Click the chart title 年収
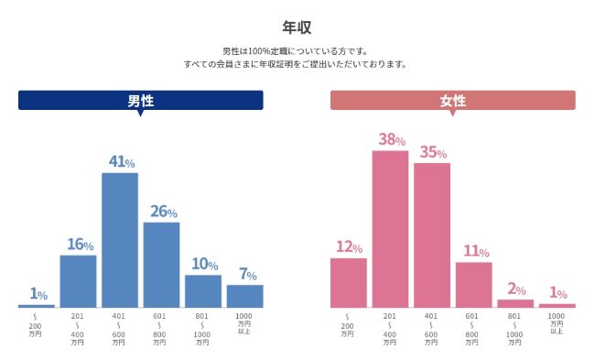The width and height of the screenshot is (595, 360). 297,27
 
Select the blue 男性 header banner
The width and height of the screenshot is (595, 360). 141,101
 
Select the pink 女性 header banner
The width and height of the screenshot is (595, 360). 453,101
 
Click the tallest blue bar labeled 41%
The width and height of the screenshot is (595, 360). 120,240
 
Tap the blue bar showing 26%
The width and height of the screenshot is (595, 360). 161,265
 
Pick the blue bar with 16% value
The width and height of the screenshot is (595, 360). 78,281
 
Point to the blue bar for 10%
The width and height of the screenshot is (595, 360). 203,291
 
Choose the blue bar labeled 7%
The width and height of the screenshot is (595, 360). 244,296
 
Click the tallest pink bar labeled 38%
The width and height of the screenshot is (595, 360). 390,229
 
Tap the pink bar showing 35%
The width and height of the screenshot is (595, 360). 432,235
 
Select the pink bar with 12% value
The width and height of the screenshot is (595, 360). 348,283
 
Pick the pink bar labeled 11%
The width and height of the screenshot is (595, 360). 473,285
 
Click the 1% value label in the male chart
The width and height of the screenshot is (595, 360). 38,294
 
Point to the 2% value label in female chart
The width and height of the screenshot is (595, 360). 514,289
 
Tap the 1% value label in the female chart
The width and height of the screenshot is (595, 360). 557,293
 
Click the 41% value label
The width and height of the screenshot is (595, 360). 121,161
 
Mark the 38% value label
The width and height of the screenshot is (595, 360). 391,140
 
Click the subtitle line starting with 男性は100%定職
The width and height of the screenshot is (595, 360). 297,51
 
